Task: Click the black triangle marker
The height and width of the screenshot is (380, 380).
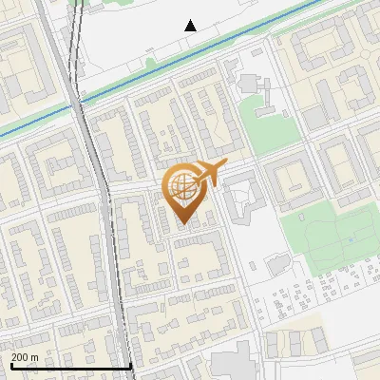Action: tap(191, 26)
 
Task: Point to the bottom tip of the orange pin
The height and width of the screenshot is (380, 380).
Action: tap(182, 226)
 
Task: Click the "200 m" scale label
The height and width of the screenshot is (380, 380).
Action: tap(26, 357)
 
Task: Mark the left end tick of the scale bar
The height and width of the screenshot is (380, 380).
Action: tap(11, 364)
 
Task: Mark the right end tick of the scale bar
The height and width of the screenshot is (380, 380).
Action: tap(130, 364)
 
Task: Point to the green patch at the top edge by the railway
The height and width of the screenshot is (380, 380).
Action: tap(78, 3)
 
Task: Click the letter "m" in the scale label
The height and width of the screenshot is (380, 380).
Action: tap(35, 357)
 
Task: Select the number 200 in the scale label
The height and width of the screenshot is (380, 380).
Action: tap(21, 357)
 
